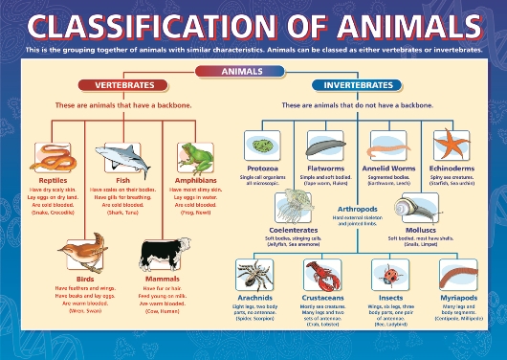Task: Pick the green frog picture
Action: [196, 154]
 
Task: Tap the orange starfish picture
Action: [452, 145]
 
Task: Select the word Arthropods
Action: [356, 209]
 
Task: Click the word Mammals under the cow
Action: [159, 279]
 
